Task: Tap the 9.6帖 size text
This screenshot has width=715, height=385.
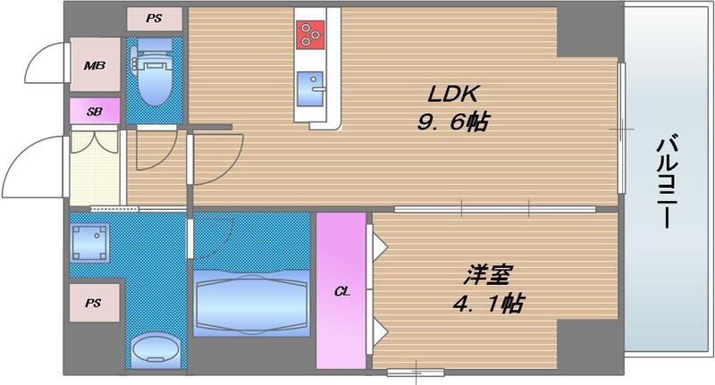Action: tap(455, 123)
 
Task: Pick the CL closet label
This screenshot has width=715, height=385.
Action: tap(341, 291)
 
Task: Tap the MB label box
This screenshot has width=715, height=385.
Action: tap(95, 65)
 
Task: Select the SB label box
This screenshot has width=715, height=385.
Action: tap(94, 112)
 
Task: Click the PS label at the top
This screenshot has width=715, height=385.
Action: tap(155, 17)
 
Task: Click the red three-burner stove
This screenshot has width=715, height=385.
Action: tap(310, 33)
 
